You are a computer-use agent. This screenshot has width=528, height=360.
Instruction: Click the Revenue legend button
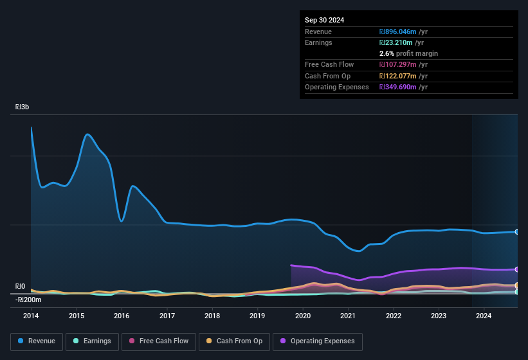click(36, 341)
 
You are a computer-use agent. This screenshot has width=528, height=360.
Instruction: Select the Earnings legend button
click(92, 341)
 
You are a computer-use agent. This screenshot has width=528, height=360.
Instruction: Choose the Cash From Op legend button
click(235, 341)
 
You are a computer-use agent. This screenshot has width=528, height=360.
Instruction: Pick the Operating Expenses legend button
click(318, 341)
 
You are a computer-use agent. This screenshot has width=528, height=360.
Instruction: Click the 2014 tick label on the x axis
click(31, 316)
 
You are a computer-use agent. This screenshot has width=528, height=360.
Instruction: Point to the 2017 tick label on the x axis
click(167, 316)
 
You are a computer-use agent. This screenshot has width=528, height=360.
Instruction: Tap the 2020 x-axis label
click(303, 316)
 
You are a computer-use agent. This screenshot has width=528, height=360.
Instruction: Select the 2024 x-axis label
click(484, 316)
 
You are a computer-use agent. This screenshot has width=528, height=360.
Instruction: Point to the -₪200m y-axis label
click(29, 300)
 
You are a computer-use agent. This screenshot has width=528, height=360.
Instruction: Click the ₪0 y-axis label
click(21, 287)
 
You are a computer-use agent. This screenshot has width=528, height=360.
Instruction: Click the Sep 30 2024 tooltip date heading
click(324, 20)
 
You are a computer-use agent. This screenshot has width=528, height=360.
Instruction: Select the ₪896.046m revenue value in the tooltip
click(403, 32)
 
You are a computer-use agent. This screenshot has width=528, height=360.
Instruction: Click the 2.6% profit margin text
click(408, 53)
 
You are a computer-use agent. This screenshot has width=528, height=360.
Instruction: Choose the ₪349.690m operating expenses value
click(403, 87)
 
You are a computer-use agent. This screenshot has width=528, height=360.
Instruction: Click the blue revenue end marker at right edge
click(517, 231)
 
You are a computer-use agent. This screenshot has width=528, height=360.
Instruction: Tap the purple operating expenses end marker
click(517, 269)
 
